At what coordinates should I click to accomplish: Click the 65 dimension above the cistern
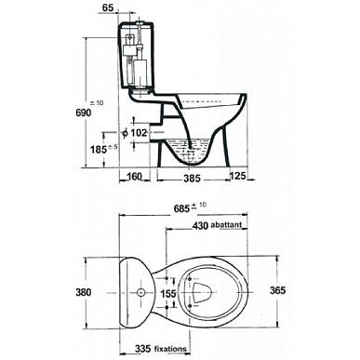(x=108, y=7)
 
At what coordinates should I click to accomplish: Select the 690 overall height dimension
(x=84, y=113)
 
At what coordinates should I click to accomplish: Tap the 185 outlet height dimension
(x=99, y=150)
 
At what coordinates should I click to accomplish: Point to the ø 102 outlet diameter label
(x=134, y=133)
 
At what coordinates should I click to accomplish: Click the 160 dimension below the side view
(x=134, y=177)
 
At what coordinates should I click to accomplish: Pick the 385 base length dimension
(x=192, y=179)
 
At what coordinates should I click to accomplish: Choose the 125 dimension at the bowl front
(x=237, y=176)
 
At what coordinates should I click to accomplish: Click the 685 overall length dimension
(x=181, y=208)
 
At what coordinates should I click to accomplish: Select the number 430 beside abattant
(x=200, y=226)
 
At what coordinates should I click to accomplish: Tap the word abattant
(x=226, y=225)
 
